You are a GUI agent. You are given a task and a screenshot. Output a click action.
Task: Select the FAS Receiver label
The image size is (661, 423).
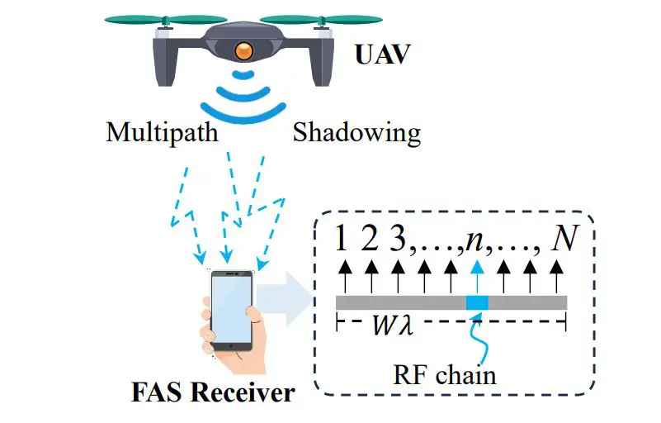tap(212, 391)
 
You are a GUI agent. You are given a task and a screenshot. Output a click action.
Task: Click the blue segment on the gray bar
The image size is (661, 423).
tap(477, 302)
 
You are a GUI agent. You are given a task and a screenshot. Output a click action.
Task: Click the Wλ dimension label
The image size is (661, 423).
tap(393, 326)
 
